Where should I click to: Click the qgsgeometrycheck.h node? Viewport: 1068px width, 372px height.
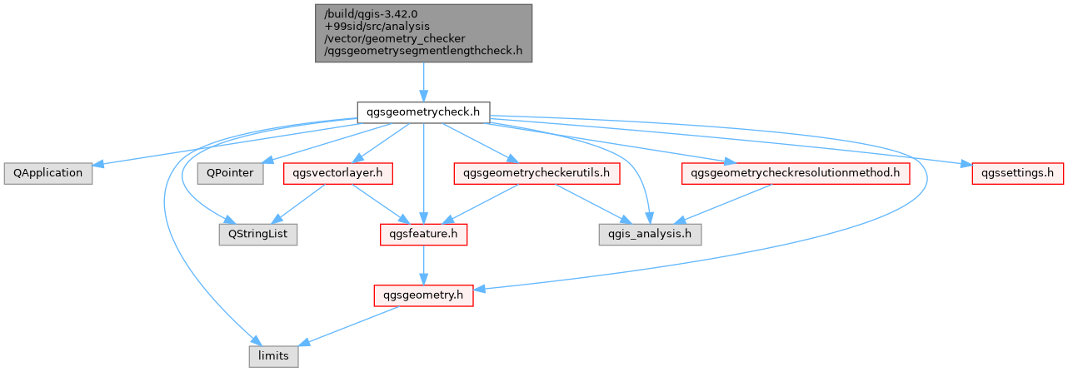[x=423, y=112]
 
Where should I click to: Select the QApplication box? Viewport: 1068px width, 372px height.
[x=47, y=173]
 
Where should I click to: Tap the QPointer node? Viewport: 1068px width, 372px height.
[x=230, y=173]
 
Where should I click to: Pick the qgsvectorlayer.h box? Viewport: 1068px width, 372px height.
[x=338, y=173]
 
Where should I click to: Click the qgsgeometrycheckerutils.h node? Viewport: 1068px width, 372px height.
[x=536, y=173]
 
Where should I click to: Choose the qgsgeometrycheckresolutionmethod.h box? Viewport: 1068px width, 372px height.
[x=796, y=173]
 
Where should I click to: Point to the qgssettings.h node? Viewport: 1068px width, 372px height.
[x=1017, y=173]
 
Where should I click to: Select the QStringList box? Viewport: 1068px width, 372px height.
[x=258, y=235]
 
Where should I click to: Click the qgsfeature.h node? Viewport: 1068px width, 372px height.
[x=423, y=235]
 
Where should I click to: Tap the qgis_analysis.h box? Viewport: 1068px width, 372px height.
[x=651, y=235]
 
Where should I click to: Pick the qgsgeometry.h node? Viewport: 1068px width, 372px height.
[x=423, y=295]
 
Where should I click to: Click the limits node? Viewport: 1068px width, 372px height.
[x=274, y=356]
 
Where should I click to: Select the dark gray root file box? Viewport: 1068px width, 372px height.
[x=423, y=33]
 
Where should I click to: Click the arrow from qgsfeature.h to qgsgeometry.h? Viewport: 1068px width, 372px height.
[x=423, y=265]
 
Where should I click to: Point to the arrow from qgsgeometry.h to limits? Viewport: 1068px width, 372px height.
[x=348, y=326]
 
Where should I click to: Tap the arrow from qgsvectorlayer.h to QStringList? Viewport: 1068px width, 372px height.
[x=298, y=205]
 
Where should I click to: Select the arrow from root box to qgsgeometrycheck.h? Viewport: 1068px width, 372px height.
[x=423, y=82]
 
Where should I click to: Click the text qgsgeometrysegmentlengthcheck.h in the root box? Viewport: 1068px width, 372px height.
[x=423, y=51]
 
